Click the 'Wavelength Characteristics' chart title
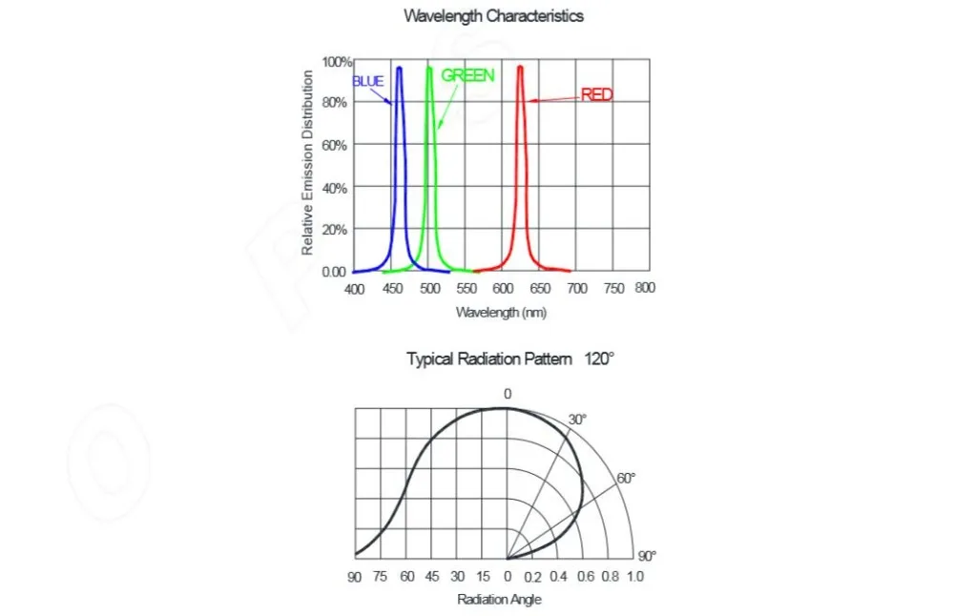[x=493, y=15]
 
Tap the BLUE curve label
[x=368, y=82]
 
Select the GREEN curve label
[x=467, y=75]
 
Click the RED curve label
[x=597, y=94]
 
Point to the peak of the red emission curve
[x=520, y=67]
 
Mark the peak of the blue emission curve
[x=399, y=68]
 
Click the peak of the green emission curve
[x=429, y=68]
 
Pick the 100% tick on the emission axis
[x=338, y=62]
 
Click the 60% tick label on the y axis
[x=335, y=145]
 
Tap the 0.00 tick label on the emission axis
[x=334, y=272]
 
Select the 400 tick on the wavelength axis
[x=354, y=289]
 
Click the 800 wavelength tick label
[x=645, y=288]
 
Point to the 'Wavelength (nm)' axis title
[x=501, y=313]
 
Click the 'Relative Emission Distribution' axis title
[x=307, y=164]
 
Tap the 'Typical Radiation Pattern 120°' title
[x=510, y=359]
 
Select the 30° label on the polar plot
[x=578, y=420]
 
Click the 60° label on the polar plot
[x=626, y=479]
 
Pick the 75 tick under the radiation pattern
[x=381, y=577]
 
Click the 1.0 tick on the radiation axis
[x=634, y=577]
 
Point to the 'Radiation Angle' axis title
[x=500, y=600]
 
